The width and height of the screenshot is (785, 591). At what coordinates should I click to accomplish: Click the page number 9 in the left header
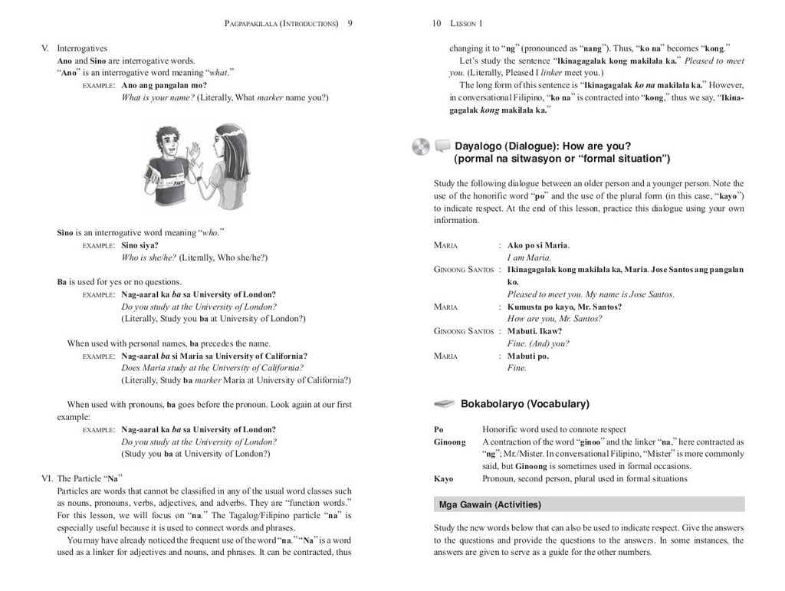(x=350, y=24)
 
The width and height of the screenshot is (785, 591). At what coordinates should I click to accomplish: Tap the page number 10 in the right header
(x=435, y=24)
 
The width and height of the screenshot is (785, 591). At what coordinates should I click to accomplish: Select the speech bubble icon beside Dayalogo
(x=442, y=146)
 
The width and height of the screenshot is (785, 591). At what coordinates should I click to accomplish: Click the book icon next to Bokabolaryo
(x=445, y=403)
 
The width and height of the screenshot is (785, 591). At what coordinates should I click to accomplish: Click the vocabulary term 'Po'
(x=438, y=429)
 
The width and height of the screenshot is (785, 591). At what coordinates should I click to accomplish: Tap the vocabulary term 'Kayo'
(x=443, y=478)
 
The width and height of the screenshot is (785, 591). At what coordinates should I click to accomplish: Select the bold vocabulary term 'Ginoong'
(x=449, y=442)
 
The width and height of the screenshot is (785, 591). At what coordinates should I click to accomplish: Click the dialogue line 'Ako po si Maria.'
(x=538, y=245)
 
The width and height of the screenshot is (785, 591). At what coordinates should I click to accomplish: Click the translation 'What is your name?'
(x=157, y=97)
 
